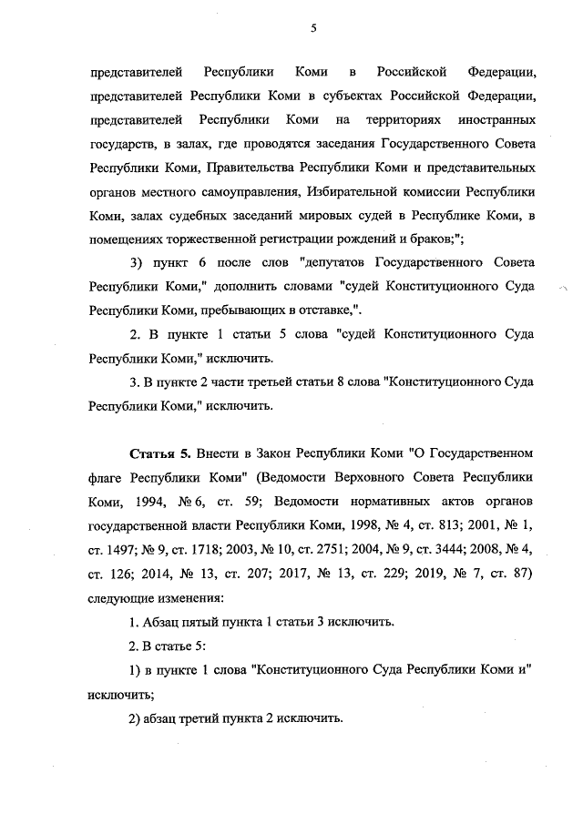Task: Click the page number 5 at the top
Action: pos(312,28)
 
